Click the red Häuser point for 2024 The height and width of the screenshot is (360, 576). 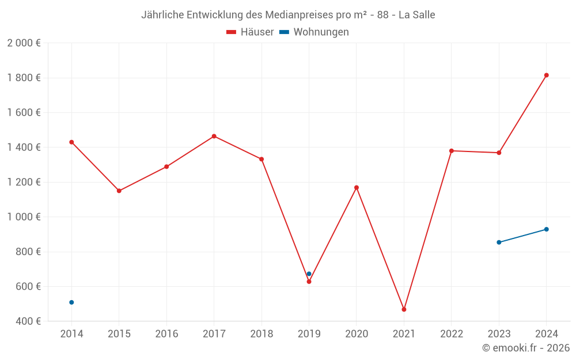point(546,75)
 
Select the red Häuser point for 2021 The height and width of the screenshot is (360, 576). point(404,309)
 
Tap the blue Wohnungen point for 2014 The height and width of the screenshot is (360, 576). point(71,302)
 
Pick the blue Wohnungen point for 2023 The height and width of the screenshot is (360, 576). point(499,242)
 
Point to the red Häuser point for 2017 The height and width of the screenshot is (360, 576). point(214,136)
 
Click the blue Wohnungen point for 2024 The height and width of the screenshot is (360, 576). point(546,229)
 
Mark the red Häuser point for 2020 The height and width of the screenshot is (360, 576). point(357,187)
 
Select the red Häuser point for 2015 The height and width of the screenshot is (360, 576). point(119,191)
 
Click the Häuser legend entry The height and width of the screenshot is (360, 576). point(250,32)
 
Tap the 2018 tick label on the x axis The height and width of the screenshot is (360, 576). point(262,334)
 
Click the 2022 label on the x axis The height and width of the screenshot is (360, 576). point(452,334)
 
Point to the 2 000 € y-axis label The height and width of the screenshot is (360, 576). point(24,43)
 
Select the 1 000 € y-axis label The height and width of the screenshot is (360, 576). point(24,217)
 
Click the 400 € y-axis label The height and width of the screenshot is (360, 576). point(28,321)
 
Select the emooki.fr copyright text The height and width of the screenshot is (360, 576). point(526,348)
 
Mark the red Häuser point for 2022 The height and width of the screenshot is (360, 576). point(452,151)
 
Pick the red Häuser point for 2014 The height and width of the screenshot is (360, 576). point(71,142)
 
